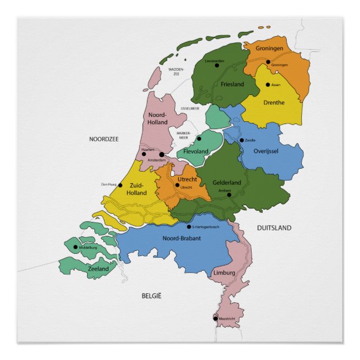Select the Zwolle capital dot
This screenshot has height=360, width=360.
tap(241, 140)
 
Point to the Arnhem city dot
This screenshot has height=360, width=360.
tap(229, 195)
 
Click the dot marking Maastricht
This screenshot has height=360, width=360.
tap(216, 319)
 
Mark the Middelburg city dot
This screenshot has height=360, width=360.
tap(76, 247)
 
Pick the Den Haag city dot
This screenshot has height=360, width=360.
tap(120, 184)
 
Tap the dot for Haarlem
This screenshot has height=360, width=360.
tap(144, 154)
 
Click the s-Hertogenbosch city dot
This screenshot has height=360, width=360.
tap(188, 226)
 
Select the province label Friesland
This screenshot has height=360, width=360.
tap(232, 84)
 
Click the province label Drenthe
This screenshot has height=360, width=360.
tap(274, 102)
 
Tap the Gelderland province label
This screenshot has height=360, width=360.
tap(226, 183)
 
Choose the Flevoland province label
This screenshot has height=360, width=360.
tap(196, 151)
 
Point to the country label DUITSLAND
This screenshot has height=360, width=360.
tap(274, 228)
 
